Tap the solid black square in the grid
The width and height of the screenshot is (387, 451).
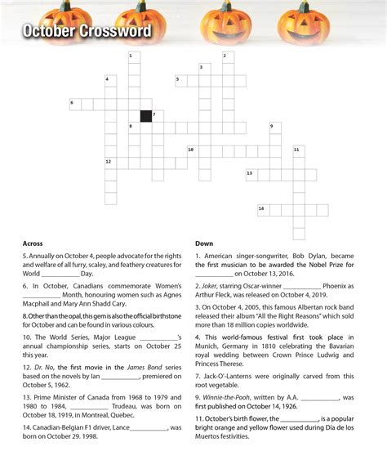[145, 116]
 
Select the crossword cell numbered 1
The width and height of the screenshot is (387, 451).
[134, 57]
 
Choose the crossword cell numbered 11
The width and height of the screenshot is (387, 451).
[298, 151]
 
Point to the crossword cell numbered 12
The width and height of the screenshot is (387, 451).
[110, 163]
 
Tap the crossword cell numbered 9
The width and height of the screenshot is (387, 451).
[274, 127]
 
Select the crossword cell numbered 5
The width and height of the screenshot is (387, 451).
[180, 81]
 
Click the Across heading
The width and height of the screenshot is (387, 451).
[33, 243]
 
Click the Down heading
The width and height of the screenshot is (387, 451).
[204, 243]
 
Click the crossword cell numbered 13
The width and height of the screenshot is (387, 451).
[251, 175]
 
